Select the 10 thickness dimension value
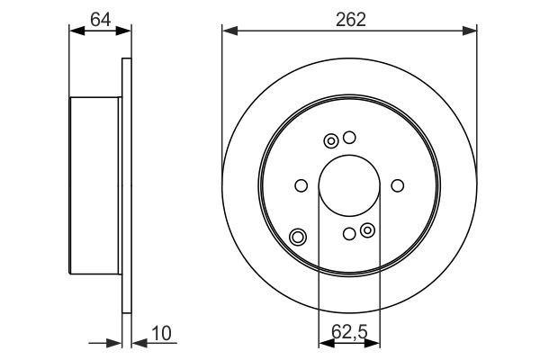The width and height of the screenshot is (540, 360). (161, 333)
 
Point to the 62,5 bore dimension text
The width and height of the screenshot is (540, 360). (349, 332)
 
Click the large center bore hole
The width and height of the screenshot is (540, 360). (349, 185)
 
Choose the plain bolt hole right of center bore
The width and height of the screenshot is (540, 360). (397, 186)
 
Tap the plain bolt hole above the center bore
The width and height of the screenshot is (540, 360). (350, 138)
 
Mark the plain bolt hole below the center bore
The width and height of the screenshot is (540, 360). (349, 234)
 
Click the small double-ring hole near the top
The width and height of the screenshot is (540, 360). (331, 140)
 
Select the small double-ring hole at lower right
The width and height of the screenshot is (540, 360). (367, 231)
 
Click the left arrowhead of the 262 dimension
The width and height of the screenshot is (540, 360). (229, 32)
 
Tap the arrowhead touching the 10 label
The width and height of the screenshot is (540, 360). (138, 342)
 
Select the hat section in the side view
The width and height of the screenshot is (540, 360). (95, 186)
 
